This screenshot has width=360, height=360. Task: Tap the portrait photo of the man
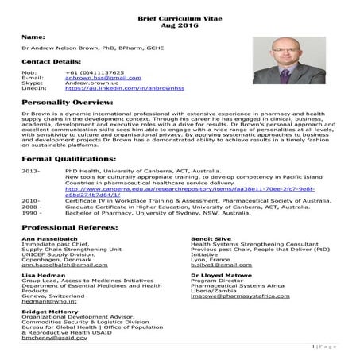tap(297, 61)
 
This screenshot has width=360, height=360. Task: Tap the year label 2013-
tap(31, 172)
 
